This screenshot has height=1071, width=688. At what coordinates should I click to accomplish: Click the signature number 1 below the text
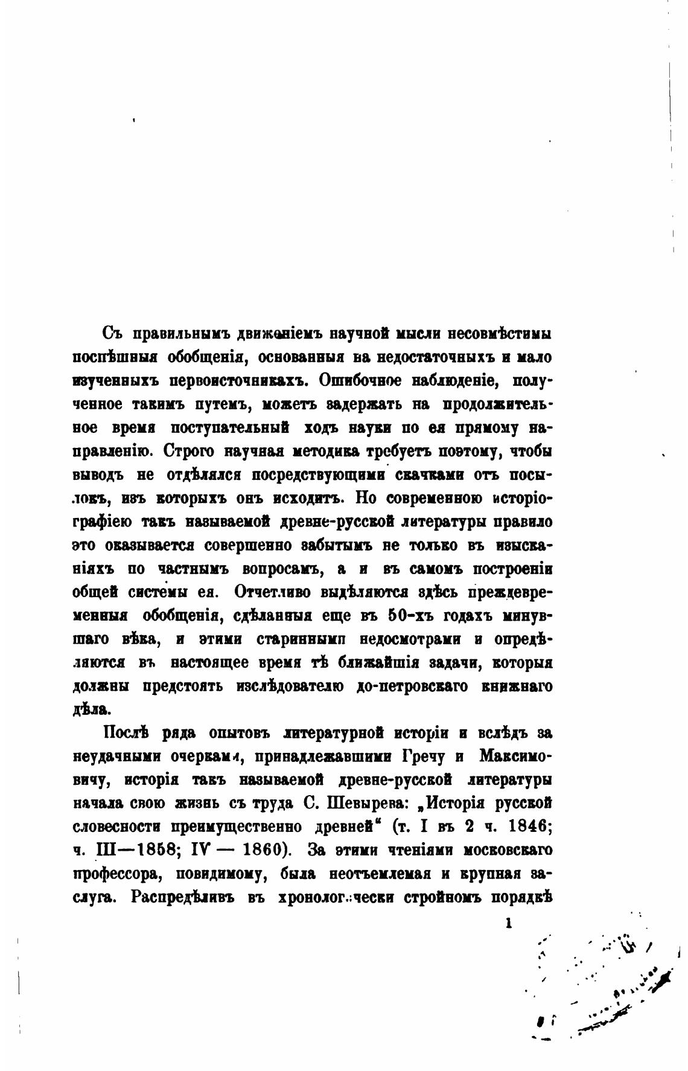(x=509, y=922)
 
